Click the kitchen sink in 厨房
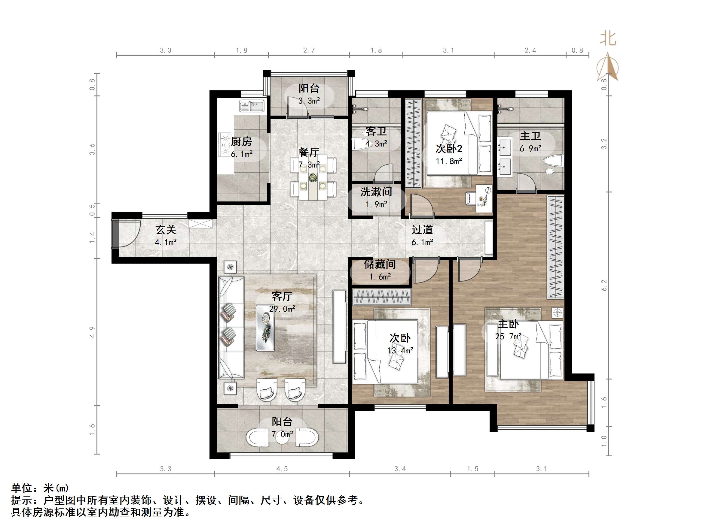click(x=252, y=106)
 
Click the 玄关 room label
click(x=166, y=230)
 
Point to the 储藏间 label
click(x=380, y=264)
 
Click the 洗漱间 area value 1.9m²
click(x=377, y=204)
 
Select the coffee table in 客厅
click(x=266, y=328)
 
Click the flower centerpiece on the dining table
click(x=313, y=177)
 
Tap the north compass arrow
click(x=608, y=67)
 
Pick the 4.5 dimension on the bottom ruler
click(x=282, y=469)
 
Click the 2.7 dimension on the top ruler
click(x=309, y=50)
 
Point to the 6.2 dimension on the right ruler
click(x=604, y=285)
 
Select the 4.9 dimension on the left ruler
click(x=92, y=332)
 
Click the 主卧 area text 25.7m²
click(x=508, y=337)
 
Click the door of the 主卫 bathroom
click(x=525, y=183)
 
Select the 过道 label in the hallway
click(x=422, y=230)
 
